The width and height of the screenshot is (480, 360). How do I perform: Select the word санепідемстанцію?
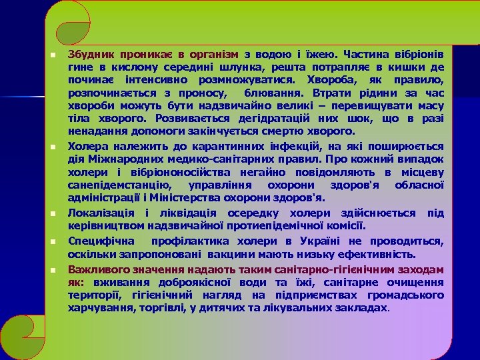coord(119,186)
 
